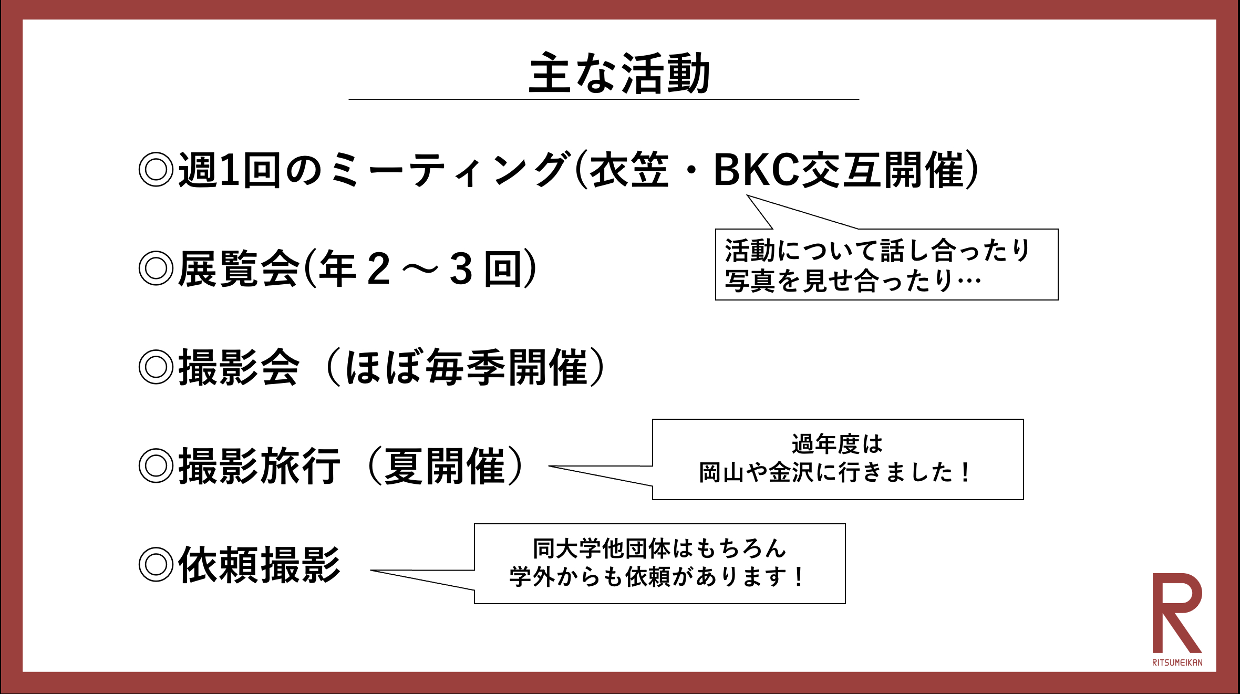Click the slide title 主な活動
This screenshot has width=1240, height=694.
[619, 74]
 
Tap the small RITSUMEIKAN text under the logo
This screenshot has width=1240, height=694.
[1177, 662]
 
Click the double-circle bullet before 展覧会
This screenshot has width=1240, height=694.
[156, 268]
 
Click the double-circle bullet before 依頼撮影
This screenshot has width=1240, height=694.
[156, 565]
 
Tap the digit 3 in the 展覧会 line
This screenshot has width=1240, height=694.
[461, 269]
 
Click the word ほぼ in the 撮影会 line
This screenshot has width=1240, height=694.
[383, 367]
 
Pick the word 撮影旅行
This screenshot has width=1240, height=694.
[260, 466]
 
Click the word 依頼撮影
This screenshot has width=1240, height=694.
[260, 565]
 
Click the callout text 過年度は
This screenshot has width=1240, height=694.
[837, 444]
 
